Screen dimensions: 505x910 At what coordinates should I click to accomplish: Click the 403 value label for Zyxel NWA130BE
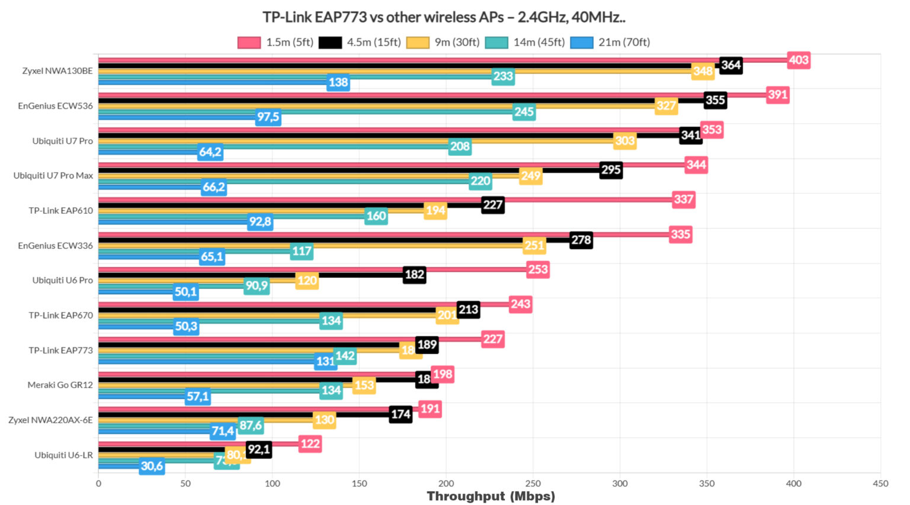799,60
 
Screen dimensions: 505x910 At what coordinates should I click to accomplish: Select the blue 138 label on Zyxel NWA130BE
338,82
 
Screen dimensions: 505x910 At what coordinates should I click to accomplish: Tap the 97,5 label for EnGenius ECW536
268,117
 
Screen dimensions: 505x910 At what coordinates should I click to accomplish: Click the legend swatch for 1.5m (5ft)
249,43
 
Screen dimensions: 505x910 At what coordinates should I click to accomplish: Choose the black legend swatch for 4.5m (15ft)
330,43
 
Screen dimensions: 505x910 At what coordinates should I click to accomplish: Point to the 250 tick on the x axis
533,483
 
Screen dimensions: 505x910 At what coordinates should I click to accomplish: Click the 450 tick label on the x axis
880,483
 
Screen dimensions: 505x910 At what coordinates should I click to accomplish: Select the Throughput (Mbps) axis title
491,496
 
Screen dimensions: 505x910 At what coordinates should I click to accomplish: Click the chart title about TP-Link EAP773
444,17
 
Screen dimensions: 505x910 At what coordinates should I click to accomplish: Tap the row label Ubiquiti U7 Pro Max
53,176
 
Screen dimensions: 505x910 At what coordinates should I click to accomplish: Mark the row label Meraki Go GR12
60,385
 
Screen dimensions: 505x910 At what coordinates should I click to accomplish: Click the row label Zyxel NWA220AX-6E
50,420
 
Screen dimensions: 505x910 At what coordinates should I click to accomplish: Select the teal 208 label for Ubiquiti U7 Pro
460,146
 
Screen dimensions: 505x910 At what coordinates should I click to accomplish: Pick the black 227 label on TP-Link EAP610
492,205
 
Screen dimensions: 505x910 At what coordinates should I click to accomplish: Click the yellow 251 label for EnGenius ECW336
534,245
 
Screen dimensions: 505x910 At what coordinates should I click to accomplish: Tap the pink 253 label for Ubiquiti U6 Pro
538,269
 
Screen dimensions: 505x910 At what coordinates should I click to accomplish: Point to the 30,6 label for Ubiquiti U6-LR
152,466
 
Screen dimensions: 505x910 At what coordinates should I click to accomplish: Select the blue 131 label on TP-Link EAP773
325,361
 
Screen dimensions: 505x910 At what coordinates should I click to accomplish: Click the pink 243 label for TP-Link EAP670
520,304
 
